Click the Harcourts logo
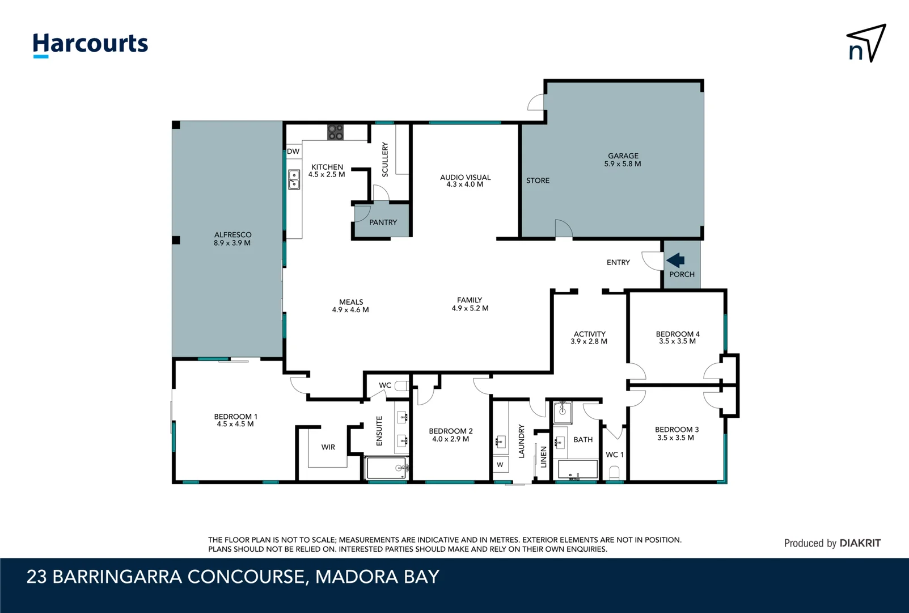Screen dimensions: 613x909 click(90, 44)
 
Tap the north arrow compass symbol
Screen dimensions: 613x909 click(866, 43)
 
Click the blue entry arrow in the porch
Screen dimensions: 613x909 click(675, 261)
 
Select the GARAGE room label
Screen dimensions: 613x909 click(623, 156)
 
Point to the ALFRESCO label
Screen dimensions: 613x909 click(232, 234)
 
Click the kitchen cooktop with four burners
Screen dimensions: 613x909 click(335, 132)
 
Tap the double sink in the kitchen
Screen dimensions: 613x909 click(294, 179)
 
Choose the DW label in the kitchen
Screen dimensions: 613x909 click(293, 152)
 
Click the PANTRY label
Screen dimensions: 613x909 click(383, 222)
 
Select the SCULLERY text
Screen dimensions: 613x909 click(385, 159)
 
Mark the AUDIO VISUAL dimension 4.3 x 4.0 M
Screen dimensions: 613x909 click(464, 184)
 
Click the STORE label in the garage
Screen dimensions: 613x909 click(538, 180)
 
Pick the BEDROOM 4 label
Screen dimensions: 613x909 click(678, 334)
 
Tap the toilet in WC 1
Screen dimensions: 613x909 click(614, 473)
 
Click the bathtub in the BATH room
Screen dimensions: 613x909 click(578, 469)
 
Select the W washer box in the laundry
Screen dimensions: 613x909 click(500, 464)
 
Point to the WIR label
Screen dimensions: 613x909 click(328, 447)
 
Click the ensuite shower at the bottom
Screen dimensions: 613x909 click(386, 468)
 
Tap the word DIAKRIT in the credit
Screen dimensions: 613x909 click(860, 543)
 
